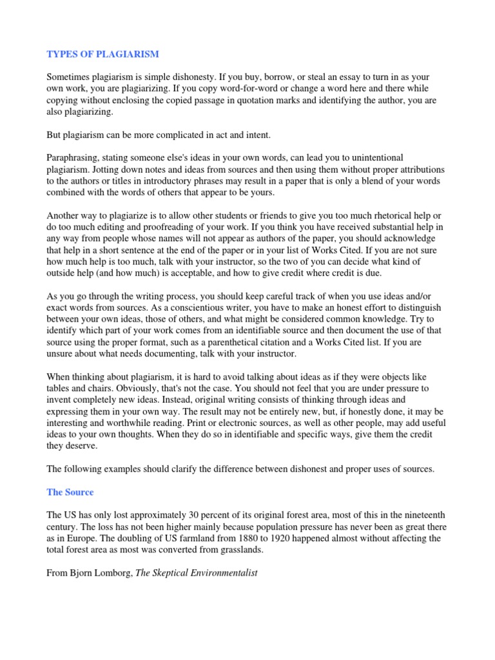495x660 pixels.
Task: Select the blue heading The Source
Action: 70,492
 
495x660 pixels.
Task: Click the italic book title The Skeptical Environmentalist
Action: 196,572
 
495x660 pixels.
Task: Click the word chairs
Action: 112,388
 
